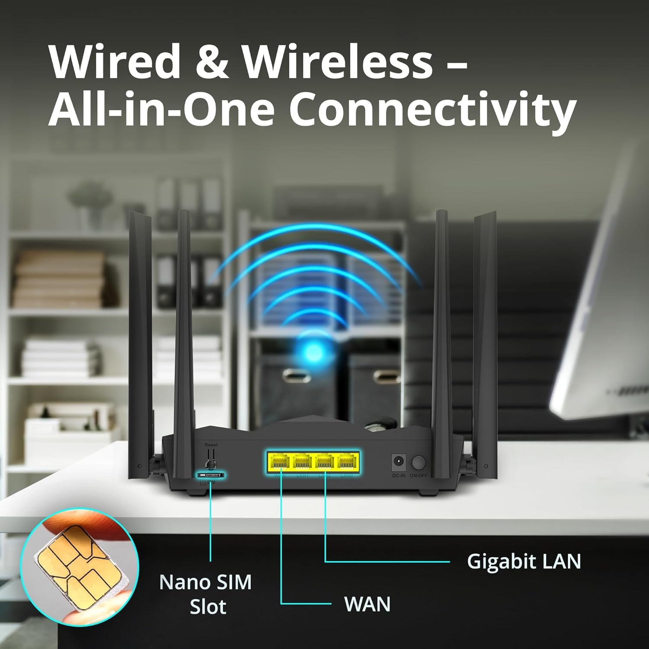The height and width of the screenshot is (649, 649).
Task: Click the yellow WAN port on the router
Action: point(279,463)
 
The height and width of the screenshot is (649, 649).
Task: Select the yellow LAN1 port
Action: point(302,463)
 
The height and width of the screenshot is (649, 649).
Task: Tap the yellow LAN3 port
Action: point(347,463)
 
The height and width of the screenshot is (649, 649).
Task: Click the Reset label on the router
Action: point(211,445)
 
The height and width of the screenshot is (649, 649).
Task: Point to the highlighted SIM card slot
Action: point(211,475)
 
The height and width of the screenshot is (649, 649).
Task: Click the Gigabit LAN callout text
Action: point(524,561)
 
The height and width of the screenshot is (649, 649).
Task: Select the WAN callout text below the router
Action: point(367,604)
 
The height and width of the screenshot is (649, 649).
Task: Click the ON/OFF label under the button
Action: point(418,476)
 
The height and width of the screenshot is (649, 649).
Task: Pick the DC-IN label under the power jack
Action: point(398,476)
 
